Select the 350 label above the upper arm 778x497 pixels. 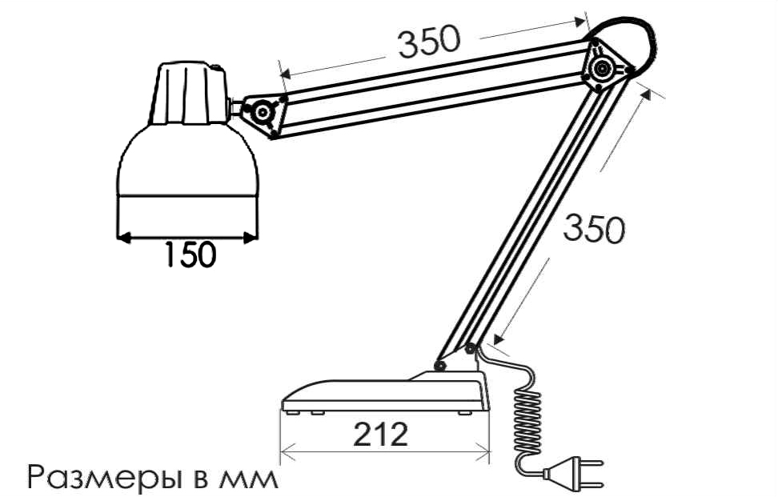coord(429,41)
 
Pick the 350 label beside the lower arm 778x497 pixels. coord(594,228)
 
